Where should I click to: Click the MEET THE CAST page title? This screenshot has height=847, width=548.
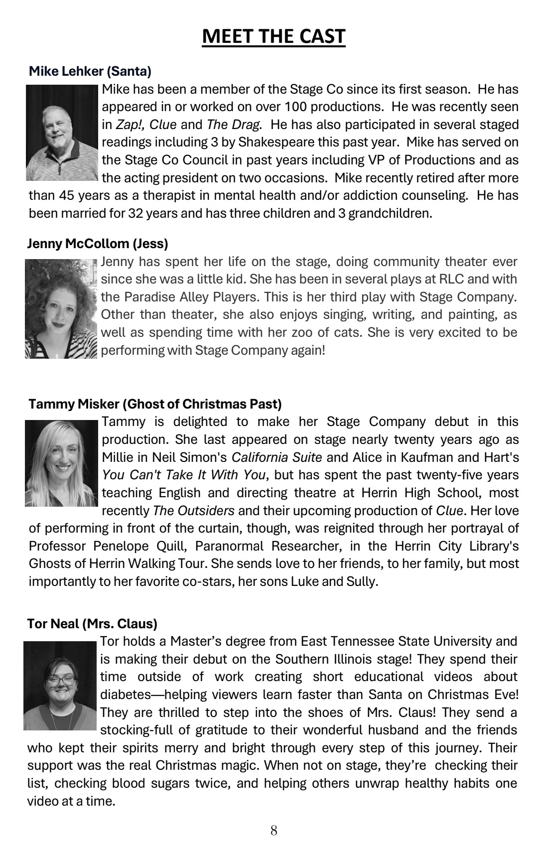point(274,36)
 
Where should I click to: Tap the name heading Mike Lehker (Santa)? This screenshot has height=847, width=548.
point(90,71)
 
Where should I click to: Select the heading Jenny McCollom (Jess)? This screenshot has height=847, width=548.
point(98,244)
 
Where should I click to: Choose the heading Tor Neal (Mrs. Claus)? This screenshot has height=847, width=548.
point(92,623)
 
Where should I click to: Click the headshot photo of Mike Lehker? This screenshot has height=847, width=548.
point(62,133)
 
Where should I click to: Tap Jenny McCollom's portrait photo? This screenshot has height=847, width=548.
point(61,308)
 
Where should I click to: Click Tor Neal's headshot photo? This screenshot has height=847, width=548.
point(60,686)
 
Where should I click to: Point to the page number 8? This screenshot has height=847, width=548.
point(274,830)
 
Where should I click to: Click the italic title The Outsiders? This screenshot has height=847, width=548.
point(194,511)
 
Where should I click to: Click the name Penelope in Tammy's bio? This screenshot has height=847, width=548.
point(118,546)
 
